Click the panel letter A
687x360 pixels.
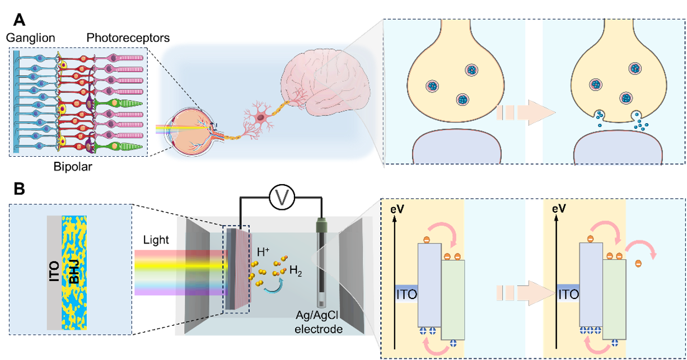tap(19, 20)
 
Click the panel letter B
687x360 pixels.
tap(18, 189)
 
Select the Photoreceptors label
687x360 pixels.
tap(128, 38)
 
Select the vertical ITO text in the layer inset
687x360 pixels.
tap(54, 274)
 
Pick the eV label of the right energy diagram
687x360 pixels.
tap(559, 209)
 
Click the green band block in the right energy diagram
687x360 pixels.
tap(614, 300)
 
